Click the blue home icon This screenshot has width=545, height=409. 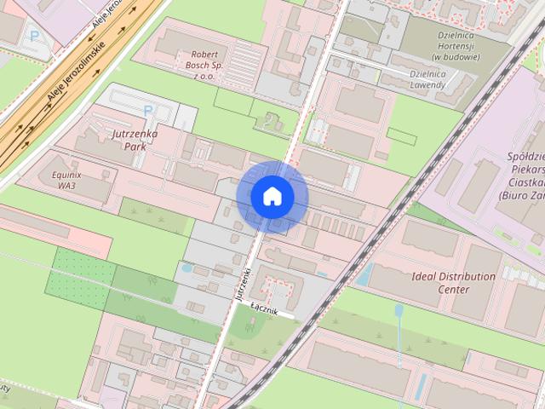pos(272,196)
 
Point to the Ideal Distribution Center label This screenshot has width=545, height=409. pos(453,283)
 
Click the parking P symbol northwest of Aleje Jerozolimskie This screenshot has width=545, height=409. pos(34,36)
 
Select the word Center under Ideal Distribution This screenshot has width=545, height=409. pos(452,289)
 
